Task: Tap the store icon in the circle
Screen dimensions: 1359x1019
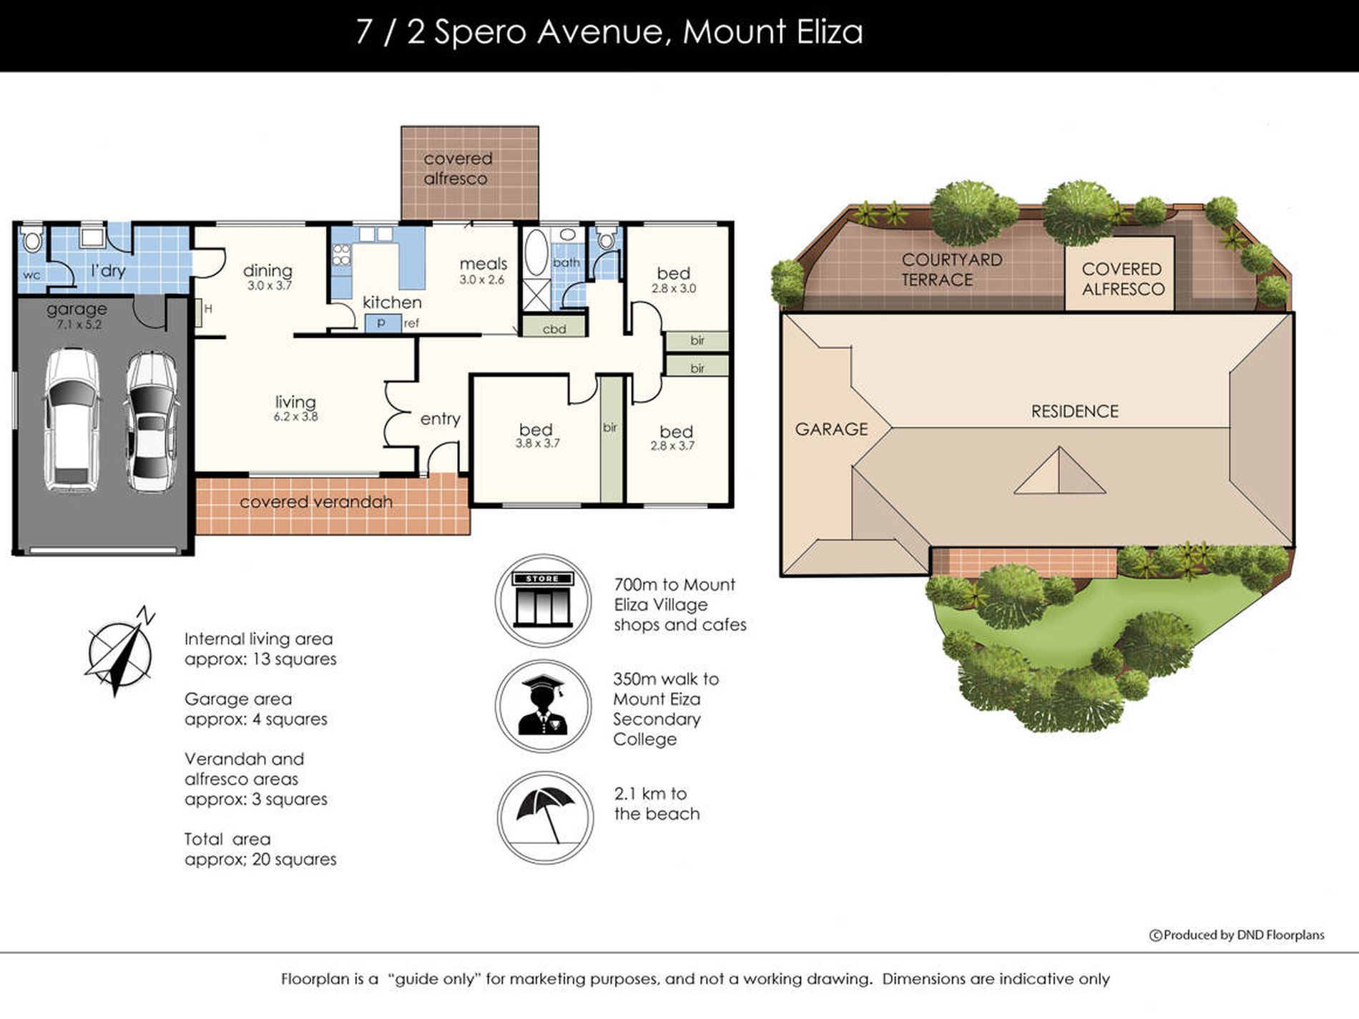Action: [543, 600]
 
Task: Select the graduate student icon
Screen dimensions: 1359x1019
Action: [543, 706]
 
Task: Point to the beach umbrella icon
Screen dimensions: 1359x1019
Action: [545, 817]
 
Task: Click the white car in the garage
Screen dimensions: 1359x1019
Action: [72, 420]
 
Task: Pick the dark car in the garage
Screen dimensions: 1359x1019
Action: [151, 422]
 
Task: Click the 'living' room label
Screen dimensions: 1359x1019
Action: [295, 402]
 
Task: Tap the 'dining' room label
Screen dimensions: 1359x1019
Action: [268, 270]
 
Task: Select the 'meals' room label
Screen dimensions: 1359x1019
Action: [484, 264]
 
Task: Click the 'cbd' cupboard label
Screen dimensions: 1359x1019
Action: [554, 329]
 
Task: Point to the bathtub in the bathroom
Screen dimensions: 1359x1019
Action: [536, 253]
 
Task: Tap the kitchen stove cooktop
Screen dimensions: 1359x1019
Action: [341, 255]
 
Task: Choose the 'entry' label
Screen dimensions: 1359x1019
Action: [440, 419]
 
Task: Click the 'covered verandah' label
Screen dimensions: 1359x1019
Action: [316, 502]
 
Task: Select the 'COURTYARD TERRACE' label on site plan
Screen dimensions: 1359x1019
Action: [951, 270]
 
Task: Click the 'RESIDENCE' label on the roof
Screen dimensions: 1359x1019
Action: [1074, 411]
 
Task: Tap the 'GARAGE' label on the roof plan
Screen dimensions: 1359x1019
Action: [831, 429]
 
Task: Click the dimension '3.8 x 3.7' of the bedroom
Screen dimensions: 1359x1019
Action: [537, 443]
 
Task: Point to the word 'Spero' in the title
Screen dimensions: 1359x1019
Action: [479, 32]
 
